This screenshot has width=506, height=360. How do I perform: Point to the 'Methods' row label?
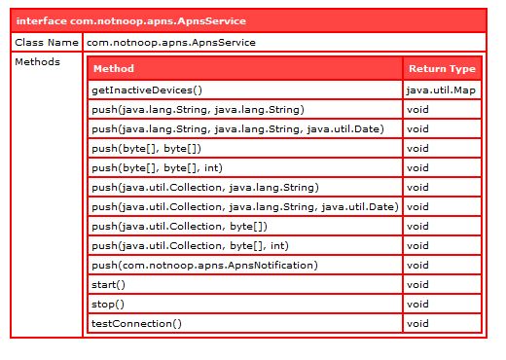[x=39, y=62]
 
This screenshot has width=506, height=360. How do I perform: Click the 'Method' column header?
[x=114, y=69]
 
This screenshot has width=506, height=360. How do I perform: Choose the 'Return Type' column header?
[x=442, y=69]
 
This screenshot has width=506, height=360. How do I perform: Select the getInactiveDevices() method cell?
[x=146, y=90]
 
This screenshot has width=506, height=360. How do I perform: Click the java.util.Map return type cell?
[x=442, y=90]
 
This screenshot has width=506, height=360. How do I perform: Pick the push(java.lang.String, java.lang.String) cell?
[x=198, y=109]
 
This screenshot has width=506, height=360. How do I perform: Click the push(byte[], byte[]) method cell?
[x=146, y=148]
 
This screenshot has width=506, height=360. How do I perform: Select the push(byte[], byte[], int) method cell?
[x=156, y=167]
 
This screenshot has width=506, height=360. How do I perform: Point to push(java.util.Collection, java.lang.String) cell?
[x=204, y=187]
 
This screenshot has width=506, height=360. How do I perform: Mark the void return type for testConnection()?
[x=418, y=323]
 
